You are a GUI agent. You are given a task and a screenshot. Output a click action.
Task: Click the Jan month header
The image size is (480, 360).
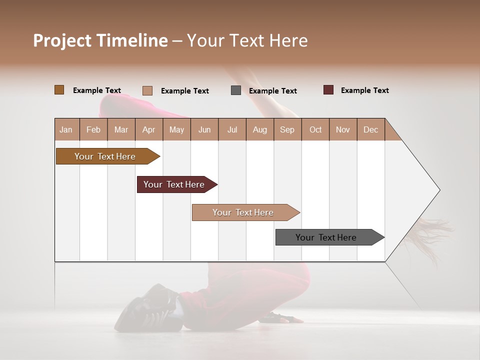(66, 129)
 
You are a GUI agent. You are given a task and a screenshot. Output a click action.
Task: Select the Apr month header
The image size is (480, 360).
(149, 129)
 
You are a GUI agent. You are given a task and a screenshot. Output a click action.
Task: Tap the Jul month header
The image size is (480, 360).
(232, 129)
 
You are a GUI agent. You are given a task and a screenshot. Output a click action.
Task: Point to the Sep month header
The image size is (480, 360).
(287, 129)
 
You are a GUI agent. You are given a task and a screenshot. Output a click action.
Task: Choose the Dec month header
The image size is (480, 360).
(370, 129)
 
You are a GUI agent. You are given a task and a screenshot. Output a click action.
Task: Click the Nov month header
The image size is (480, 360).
(342, 129)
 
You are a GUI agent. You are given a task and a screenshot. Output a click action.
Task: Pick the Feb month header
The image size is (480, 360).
(93, 129)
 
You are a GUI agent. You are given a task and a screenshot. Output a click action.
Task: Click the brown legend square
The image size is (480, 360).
(59, 90)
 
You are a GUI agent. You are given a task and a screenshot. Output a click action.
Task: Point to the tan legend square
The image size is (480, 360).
(147, 90)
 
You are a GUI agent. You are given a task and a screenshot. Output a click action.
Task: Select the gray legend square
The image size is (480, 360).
(236, 90)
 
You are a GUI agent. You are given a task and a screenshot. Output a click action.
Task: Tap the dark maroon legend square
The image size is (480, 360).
(328, 90)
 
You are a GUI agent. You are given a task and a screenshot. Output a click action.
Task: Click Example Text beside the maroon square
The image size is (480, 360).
(364, 90)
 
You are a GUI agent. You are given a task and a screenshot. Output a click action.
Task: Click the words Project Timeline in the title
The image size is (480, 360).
(100, 40)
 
